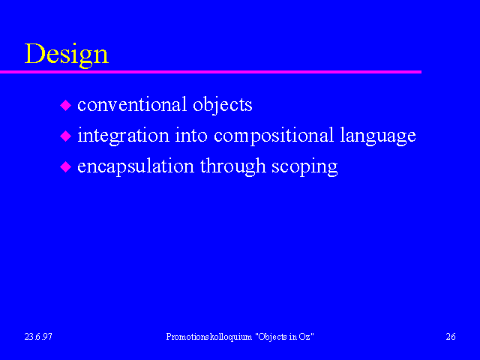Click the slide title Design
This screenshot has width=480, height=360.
click(67, 55)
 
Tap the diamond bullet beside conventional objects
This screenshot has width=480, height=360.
click(65, 105)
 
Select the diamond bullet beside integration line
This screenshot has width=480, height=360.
click(65, 136)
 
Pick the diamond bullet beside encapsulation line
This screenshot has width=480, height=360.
click(65, 166)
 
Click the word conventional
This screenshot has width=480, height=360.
click(132, 104)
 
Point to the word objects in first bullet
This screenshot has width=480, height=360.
click(223, 106)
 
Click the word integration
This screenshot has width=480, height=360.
click(123, 136)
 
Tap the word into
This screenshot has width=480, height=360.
click(191, 135)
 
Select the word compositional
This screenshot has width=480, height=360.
click(274, 136)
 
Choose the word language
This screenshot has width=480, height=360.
click(378, 136)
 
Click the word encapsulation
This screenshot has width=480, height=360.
click(136, 167)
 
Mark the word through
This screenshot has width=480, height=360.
click(233, 167)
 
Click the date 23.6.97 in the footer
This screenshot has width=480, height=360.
click(38, 337)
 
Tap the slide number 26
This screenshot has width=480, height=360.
click(451, 337)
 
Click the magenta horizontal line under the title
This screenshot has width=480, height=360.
click(211, 72)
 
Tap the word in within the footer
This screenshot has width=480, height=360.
click(293, 337)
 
